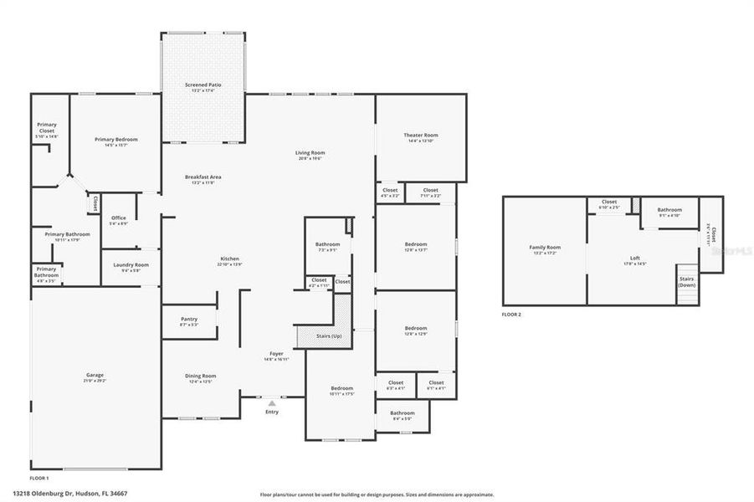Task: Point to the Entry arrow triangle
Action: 272,402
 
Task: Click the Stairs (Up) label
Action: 328,336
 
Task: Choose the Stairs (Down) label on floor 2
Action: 686,282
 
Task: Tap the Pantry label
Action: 189,319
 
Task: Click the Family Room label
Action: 544,248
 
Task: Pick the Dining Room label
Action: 201,376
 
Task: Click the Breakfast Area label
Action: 203,177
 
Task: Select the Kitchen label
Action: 230,259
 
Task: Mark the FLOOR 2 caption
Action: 511,315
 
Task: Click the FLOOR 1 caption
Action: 39,478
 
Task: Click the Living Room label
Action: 310,153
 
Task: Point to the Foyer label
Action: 276,354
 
